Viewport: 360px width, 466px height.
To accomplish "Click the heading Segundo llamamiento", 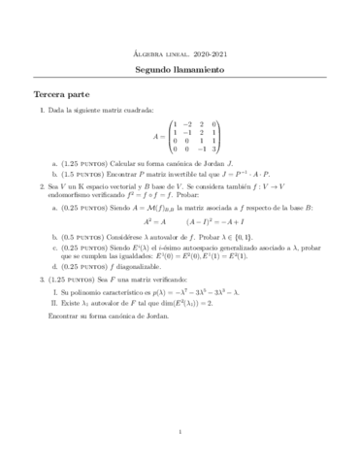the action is click(180, 71).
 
